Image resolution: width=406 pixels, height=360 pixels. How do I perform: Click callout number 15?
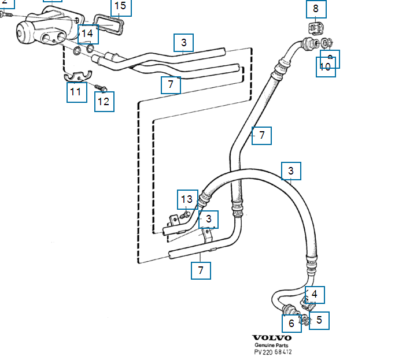(120, 7)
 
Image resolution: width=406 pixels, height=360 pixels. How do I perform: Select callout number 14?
(87, 34)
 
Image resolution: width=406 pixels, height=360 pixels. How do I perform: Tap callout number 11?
(76, 92)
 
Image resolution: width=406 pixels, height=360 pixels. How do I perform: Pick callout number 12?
(104, 102)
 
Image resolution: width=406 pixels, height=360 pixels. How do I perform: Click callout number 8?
(316, 9)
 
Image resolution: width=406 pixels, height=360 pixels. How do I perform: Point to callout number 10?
(325, 67)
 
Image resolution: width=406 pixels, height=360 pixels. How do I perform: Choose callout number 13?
(187, 199)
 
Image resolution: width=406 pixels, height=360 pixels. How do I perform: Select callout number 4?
(315, 294)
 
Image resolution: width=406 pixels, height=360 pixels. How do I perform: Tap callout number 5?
(319, 320)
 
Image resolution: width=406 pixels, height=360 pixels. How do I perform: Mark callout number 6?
(291, 323)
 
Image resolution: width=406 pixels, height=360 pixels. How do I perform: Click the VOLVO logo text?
(272, 338)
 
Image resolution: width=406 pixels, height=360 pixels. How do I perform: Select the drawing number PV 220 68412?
(273, 352)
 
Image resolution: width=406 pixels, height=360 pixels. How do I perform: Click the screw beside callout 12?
(100, 88)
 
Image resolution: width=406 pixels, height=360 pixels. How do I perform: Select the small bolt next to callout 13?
(184, 215)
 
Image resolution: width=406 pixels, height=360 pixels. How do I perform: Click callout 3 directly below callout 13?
(209, 220)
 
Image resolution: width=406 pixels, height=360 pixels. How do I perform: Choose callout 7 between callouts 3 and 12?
(171, 85)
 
